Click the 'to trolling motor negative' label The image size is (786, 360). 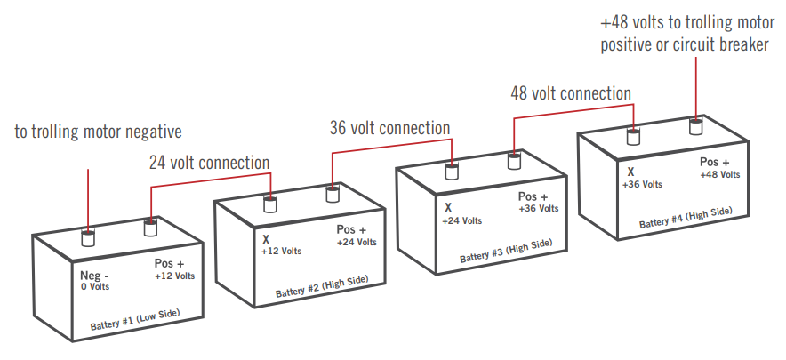[x=98, y=132]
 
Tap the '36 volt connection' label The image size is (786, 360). [x=389, y=128]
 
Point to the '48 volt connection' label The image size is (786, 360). [x=571, y=93]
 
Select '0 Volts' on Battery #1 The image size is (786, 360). [x=94, y=286]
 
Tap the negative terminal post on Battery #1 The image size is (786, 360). [x=88, y=237]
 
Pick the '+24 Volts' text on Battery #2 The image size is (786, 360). [x=357, y=243]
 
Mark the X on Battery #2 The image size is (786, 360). [x=265, y=239]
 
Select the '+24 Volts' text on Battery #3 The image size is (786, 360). [x=462, y=220]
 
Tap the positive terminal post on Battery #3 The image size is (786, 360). [x=514, y=161]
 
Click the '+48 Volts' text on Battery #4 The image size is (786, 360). [x=718, y=175]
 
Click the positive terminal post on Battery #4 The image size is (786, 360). [x=696, y=127]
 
